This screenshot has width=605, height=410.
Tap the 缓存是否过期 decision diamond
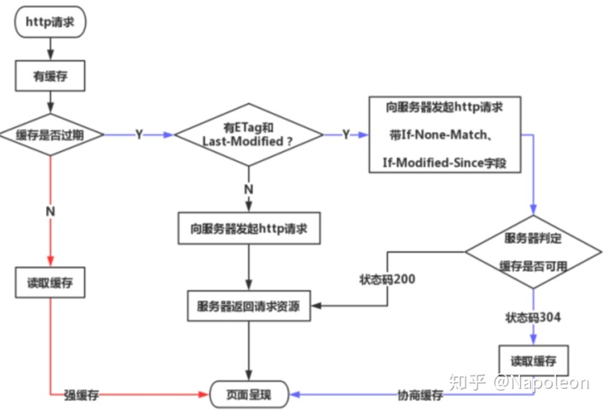click(51, 134)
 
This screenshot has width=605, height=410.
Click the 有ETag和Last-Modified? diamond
click(248, 135)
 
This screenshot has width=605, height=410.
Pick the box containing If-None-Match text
click(444, 134)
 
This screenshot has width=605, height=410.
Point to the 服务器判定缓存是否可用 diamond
click(534, 251)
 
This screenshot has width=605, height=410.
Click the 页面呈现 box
click(249, 393)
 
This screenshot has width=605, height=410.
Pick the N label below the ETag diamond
click(248, 189)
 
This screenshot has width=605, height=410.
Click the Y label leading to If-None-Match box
click(345, 135)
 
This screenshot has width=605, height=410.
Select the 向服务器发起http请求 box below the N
click(249, 229)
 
